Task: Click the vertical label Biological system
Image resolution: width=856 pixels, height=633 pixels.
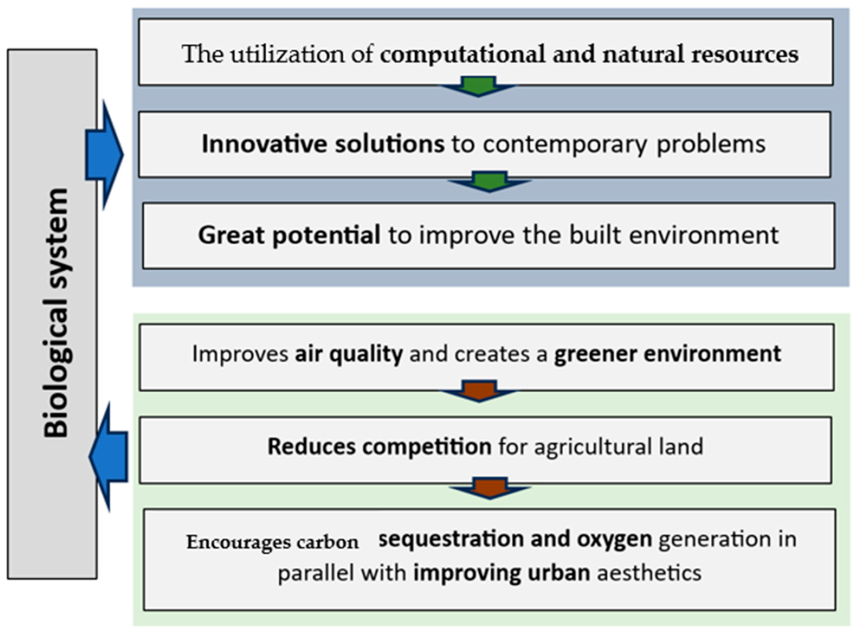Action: tap(56, 313)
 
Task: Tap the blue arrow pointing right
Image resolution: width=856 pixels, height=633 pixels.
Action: tap(104, 155)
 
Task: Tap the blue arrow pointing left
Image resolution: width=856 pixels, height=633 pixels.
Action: tap(108, 457)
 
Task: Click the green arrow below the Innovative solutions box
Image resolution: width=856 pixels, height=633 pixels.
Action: tap(490, 181)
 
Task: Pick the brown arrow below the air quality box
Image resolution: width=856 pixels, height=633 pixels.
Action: tap(479, 391)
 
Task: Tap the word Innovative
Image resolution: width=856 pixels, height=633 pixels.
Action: tap(264, 144)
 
